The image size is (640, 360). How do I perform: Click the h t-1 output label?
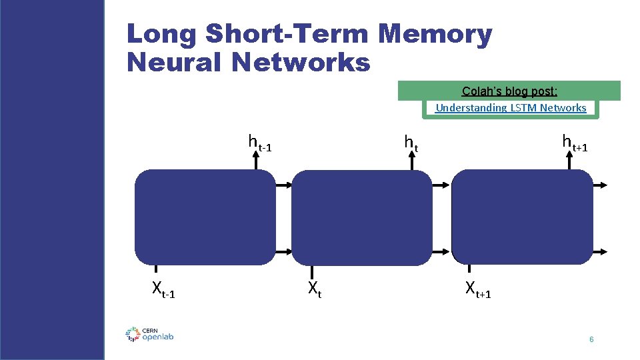tap(259, 143)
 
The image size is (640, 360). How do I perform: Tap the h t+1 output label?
tap(574, 143)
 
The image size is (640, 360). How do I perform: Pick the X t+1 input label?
tap(477, 290)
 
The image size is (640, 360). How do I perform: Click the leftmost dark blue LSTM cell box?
tap(205, 217)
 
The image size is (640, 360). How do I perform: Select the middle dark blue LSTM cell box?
tap(363, 217)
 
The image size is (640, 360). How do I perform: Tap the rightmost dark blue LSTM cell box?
tap(522, 217)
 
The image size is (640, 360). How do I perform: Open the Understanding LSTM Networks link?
tap(511, 108)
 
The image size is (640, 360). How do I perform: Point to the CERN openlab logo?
tap(149, 334)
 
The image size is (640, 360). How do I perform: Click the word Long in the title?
tap(163, 35)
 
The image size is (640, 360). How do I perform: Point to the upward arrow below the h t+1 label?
tap(571, 160)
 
